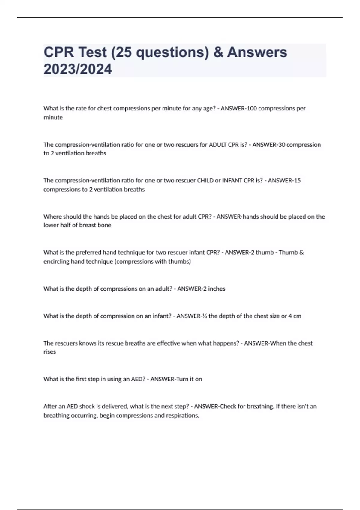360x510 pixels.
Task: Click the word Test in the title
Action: pyautogui.click(x=92, y=52)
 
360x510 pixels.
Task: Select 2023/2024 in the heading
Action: pyautogui.click(x=78, y=69)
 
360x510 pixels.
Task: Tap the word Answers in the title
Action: pyautogui.click(x=257, y=52)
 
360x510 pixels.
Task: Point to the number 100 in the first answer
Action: pyautogui.click(x=252, y=108)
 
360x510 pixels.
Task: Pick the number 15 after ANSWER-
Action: pyautogui.click(x=297, y=180)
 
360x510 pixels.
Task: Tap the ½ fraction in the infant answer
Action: pyautogui.click(x=204, y=316)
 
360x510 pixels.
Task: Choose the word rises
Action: pyautogui.click(x=50, y=352)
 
